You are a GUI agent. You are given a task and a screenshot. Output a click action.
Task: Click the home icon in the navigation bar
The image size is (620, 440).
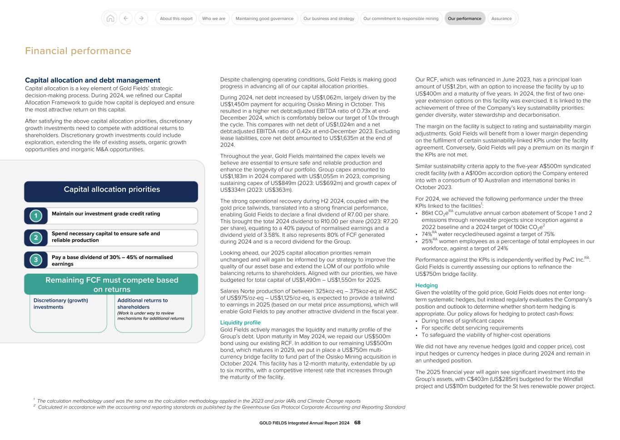click(110, 19)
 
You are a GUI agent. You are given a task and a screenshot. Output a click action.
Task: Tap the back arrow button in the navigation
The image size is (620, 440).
click(126, 19)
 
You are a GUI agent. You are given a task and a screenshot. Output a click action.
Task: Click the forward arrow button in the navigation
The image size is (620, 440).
click(141, 19)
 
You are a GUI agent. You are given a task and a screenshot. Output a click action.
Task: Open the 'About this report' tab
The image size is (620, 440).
click(176, 19)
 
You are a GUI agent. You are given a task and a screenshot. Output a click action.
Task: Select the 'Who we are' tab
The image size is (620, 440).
click(213, 19)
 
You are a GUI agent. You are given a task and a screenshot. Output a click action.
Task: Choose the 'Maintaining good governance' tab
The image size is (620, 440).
click(264, 19)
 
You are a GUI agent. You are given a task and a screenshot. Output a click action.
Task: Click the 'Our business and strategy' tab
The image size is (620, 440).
click(329, 19)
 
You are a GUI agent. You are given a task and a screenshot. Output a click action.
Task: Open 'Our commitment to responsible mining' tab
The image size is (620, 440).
click(401, 19)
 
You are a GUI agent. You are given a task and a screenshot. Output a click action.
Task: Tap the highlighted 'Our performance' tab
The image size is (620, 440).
click(464, 19)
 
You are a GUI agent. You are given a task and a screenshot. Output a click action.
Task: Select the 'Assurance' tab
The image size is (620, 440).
click(501, 19)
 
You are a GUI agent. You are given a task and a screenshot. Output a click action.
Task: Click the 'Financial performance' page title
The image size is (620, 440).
click(78, 51)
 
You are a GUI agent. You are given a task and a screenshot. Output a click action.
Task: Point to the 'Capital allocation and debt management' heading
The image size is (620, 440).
click(93, 80)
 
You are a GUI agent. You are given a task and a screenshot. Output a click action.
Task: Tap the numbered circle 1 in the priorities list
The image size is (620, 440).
click(36, 216)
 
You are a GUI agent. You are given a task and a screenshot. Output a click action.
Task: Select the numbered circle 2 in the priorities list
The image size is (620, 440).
click(36, 238)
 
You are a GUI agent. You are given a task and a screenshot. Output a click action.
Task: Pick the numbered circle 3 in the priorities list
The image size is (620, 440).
click(36, 260)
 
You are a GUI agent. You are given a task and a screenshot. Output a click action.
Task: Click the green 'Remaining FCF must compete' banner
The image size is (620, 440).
click(111, 285)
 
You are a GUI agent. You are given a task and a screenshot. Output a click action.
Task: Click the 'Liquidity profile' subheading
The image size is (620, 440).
click(240, 323)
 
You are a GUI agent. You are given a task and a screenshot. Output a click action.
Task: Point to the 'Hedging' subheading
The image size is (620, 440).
click(427, 285)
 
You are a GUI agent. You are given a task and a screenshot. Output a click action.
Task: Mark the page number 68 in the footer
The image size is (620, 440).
click(357, 423)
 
